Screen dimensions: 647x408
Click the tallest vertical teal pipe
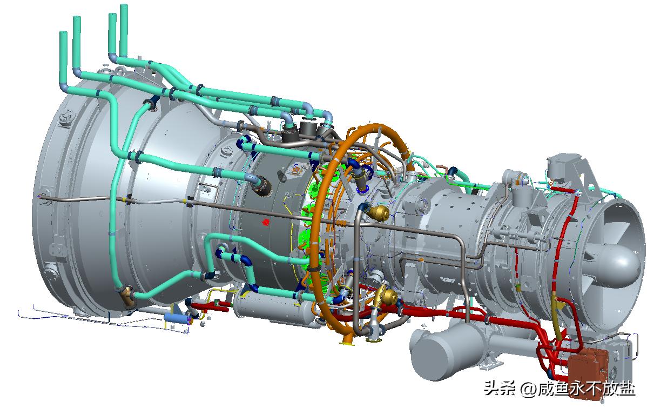[x=123, y=29]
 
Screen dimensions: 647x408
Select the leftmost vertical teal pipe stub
[x=63, y=58]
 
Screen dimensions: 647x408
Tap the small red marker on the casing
[x=266, y=222]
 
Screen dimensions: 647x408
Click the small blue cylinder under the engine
[x=176, y=318]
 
